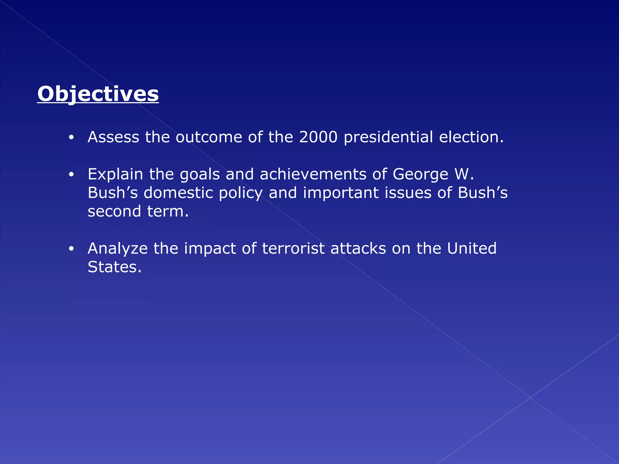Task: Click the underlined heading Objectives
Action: coord(98,94)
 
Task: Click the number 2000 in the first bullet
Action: coord(318,137)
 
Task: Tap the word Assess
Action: coord(113,137)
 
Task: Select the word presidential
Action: coord(388,137)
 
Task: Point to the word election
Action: coord(472,137)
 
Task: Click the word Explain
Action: coord(115,174)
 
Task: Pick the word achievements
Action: coord(313,174)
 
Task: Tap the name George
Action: coord(420,175)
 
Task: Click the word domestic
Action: coord(178,193)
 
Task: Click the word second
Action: coord(114,211)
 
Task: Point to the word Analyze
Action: coord(118,249)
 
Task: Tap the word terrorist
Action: coord(293,248)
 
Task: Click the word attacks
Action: coord(358,248)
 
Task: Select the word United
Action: coord(472,248)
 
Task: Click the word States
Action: coord(115,267)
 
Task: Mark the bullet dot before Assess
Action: coord(71,138)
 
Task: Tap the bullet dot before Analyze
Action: coord(71,249)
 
